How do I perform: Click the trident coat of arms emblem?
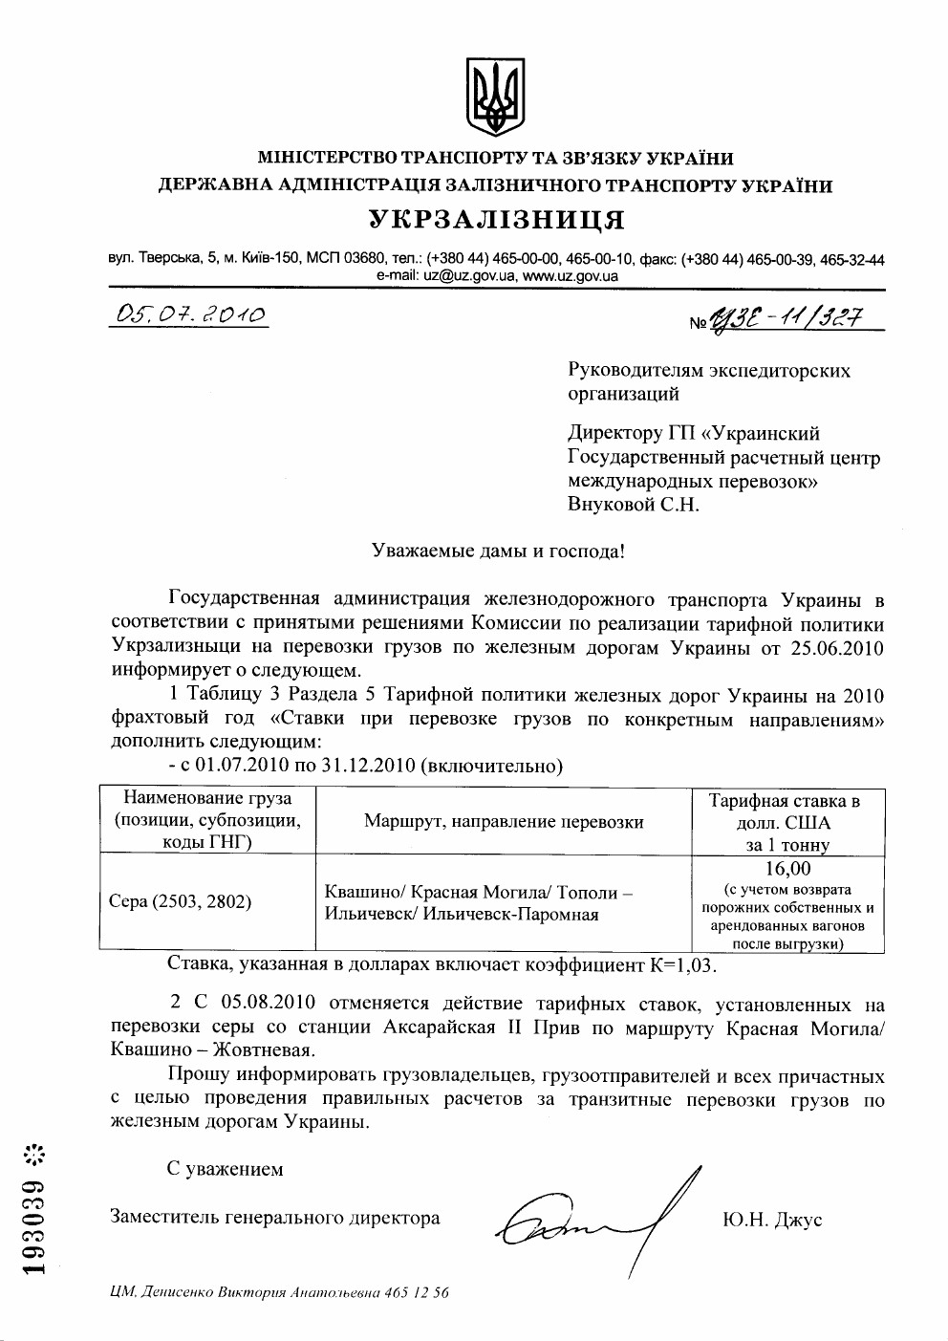[495, 97]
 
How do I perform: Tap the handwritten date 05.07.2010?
[188, 314]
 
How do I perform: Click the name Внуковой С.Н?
[633, 505]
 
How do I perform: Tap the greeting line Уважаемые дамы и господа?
[497, 552]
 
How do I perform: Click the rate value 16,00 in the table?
[787, 869]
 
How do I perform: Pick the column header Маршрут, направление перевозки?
[504, 821]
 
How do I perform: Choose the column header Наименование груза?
[207, 798]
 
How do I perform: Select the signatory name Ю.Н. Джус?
[773, 1220]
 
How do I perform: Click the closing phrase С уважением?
[225, 1169]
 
